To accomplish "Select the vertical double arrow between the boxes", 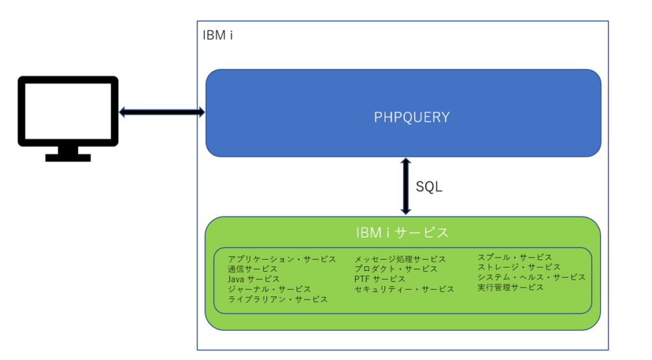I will [x=405, y=187].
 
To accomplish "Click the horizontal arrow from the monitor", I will [x=162, y=112].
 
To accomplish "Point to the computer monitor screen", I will [x=67, y=112].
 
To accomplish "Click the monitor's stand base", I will [x=67, y=157].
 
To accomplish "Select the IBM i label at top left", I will [x=217, y=35].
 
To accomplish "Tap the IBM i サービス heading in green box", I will [x=402, y=233].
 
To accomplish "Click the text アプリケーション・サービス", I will [x=281, y=259].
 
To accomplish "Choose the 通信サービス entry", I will [x=253, y=269].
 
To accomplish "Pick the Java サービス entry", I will [x=253, y=279].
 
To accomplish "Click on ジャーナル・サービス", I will [x=269, y=289].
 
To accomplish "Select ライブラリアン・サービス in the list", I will [x=278, y=299].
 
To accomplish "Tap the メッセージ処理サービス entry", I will [x=400, y=259].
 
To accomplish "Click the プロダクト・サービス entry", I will [x=396, y=269].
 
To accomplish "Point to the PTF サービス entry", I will [x=379, y=279].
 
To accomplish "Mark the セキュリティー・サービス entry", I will [x=404, y=289].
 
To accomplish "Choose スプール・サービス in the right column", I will [x=514, y=257].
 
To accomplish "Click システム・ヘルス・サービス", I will [x=531, y=277].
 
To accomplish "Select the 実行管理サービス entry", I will [x=511, y=287].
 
